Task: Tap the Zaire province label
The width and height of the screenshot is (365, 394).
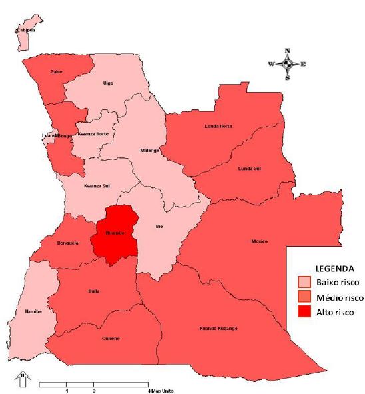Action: tap(57, 71)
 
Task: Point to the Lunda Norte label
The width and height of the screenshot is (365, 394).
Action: tap(218, 126)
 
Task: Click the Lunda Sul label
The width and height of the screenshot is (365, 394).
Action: tap(250, 169)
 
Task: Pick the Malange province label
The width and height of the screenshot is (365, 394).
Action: tap(149, 151)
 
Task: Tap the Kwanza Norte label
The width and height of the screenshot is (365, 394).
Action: tap(93, 134)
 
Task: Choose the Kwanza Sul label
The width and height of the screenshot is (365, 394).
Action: tap(95, 186)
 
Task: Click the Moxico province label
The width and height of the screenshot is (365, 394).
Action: tap(259, 241)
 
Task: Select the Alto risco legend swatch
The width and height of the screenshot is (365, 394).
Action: tap(304, 311)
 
